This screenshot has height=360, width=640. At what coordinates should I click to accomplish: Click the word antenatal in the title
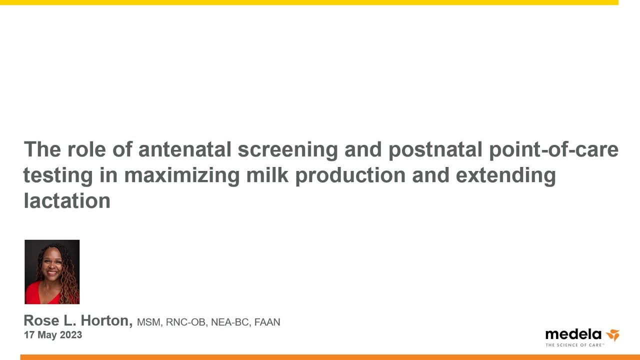click(x=184, y=149)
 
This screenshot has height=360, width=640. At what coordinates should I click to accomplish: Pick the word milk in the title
click(x=267, y=175)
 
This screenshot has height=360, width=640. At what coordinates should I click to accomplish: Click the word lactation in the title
click(x=67, y=200)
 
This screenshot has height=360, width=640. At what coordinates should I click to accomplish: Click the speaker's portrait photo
click(x=52, y=271)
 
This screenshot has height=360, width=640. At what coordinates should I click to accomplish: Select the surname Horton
click(x=107, y=320)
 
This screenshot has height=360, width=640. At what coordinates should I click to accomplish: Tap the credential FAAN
click(x=267, y=322)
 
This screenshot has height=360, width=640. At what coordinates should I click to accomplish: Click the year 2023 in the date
click(x=71, y=335)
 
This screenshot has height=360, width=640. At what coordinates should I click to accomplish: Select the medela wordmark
click(x=573, y=334)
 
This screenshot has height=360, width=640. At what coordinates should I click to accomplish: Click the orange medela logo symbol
click(x=613, y=335)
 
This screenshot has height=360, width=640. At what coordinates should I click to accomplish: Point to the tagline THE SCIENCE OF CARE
click(x=574, y=345)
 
